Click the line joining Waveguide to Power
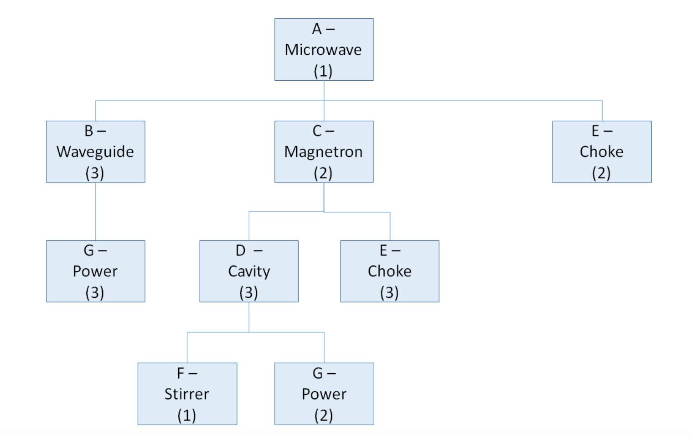click(96, 211)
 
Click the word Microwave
click(323, 50)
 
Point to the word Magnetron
click(323, 152)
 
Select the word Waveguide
click(95, 152)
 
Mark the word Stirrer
click(187, 394)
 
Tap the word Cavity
click(249, 271)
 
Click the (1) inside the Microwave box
click(323, 71)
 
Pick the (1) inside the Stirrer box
click(186, 415)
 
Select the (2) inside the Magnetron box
click(323, 173)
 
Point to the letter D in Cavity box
click(240, 250)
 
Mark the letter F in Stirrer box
click(181, 373)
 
